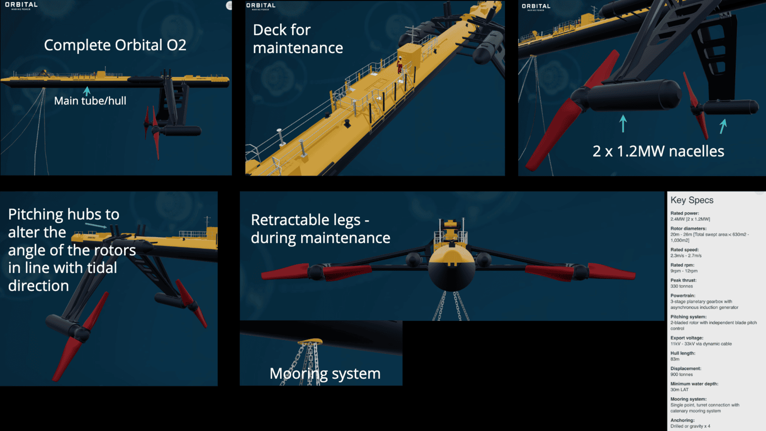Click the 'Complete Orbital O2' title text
[x=115, y=45]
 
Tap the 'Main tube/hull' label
[x=90, y=101]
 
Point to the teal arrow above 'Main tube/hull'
[x=87, y=91]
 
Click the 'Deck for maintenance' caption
[x=297, y=39]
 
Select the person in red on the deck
[x=400, y=65]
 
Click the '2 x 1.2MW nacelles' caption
[x=658, y=151]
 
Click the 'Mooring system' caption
[x=325, y=374]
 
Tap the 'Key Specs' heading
[x=692, y=200]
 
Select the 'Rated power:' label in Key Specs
[x=685, y=213]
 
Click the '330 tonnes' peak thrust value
[x=682, y=286]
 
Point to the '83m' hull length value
[x=675, y=359]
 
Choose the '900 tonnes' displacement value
[x=682, y=374]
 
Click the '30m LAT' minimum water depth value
[x=679, y=390]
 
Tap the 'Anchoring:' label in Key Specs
[x=682, y=420]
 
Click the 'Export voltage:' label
[x=687, y=338]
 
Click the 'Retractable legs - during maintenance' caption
[x=320, y=229]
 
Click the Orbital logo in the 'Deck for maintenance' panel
[x=260, y=6]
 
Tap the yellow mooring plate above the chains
[x=310, y=341]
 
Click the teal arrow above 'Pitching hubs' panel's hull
[x=96, y=225]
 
